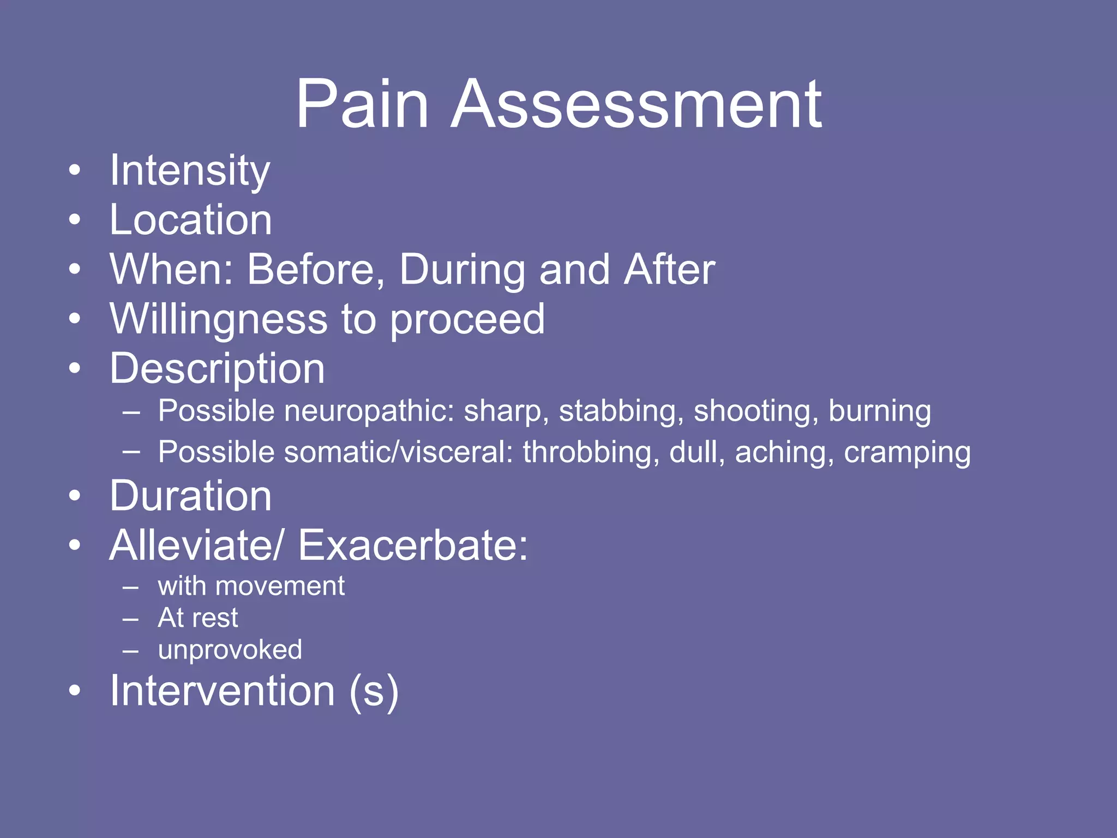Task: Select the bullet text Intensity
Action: click(189, 170)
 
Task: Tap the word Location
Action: click(190, 220)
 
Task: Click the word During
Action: click(461, 270)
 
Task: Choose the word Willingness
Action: click(218, 319)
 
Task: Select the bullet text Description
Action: click(217, 369)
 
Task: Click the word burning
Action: click(879, 411)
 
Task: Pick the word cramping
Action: click(907, 452)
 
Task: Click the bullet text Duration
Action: click(190, 496)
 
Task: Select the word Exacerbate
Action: click(412, 546)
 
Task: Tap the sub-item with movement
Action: click(251, 586)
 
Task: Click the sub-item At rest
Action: click(197, 618)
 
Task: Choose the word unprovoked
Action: click(230, 650)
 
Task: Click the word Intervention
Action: click(222, 691)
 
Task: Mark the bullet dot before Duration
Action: click(75, 495)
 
